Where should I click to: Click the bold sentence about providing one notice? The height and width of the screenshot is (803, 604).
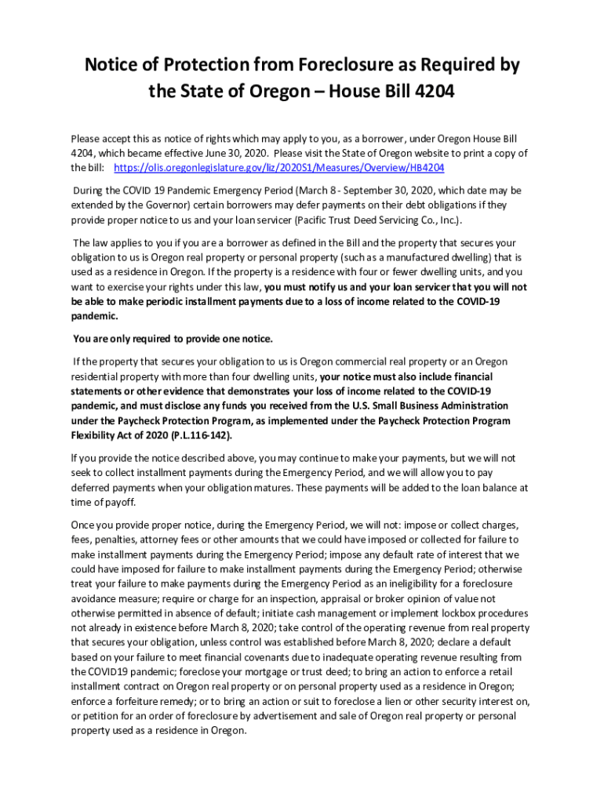(x=173, y=339)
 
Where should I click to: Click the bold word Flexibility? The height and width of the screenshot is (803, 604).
(x=94, y=435)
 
